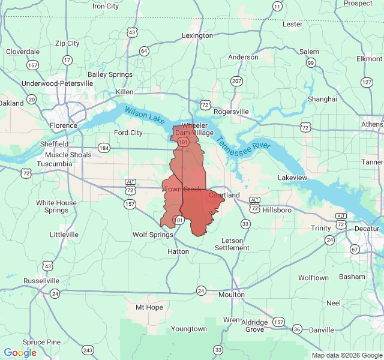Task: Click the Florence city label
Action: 64,125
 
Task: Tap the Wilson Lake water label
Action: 144,115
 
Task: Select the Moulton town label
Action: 232,295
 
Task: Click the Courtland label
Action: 224,195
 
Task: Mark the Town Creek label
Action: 183,189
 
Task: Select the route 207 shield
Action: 236,81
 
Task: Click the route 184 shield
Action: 104,148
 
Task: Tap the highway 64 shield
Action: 144,51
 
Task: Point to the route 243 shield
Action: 88,350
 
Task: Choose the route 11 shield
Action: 277,6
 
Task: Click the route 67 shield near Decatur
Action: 355,249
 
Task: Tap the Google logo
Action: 20,353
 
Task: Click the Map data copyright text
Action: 346,355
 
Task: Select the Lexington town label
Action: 197,35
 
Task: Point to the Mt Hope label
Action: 149,307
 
